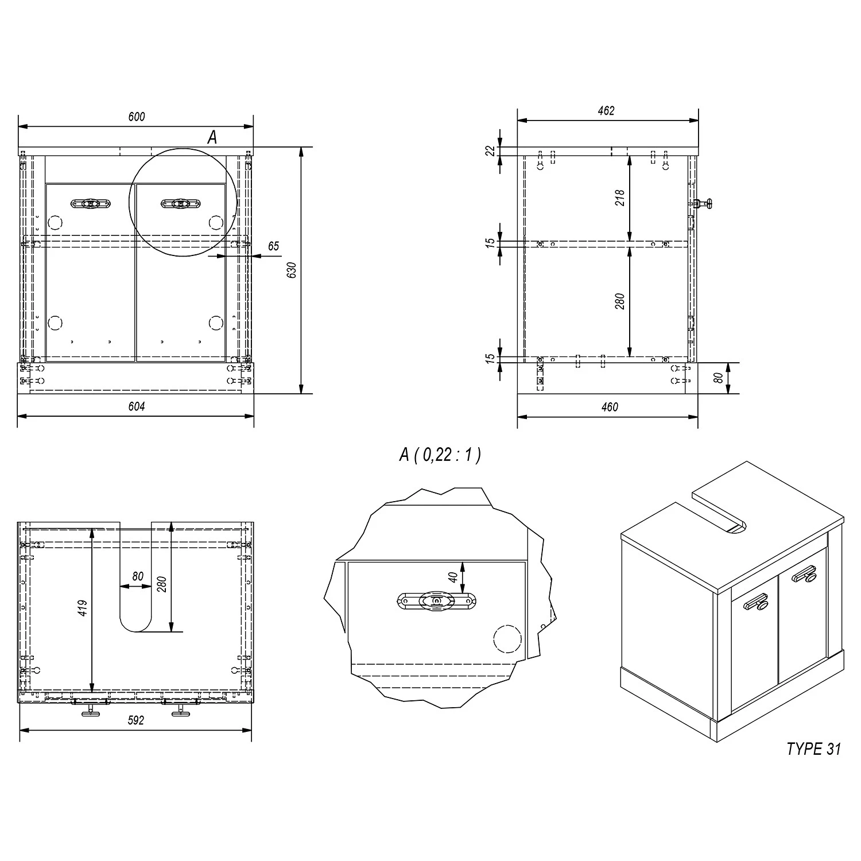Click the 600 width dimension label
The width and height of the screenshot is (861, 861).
[x=137, y=117]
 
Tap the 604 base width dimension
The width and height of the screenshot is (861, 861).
[x=137, y=406]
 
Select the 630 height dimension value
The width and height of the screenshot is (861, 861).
[x=292, y=270]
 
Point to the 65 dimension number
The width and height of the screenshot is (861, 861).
[x=273, y=246]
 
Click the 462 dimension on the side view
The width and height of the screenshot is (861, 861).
[x=606, y=111]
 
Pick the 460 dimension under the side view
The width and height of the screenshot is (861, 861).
[x=610, y=407]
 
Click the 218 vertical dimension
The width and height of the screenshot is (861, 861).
[x=620, y=198]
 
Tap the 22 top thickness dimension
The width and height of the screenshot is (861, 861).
[x=490, y=150]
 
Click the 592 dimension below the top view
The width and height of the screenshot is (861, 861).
[x=135, y=720]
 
